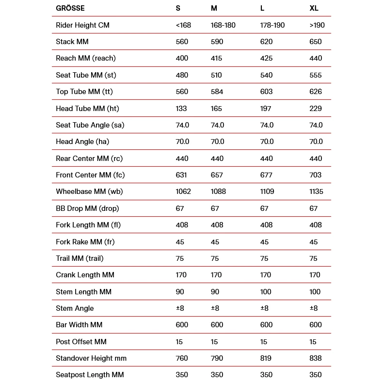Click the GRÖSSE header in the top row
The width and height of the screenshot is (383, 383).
[70, 8]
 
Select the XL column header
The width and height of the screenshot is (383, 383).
[314, 8]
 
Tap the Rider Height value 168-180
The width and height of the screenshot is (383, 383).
[223, 25]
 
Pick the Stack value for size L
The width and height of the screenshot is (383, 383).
[266, 42]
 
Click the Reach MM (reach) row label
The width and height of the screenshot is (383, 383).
[86, 58]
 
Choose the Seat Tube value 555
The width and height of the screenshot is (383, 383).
[315, 75]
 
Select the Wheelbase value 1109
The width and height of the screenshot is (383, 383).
[268, 191]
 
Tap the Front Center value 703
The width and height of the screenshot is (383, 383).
[315, 175]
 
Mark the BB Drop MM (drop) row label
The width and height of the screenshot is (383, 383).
[87, 208]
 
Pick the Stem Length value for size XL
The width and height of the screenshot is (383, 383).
[315, 292]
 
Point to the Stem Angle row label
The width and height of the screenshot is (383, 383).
[75, 308]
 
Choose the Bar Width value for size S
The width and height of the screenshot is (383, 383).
[182, 325]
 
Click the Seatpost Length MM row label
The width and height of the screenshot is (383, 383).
[90, 375]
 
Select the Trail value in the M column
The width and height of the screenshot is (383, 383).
[215, 258]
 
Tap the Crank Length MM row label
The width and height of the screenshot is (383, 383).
[85, 275]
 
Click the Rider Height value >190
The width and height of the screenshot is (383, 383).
[317, 25]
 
